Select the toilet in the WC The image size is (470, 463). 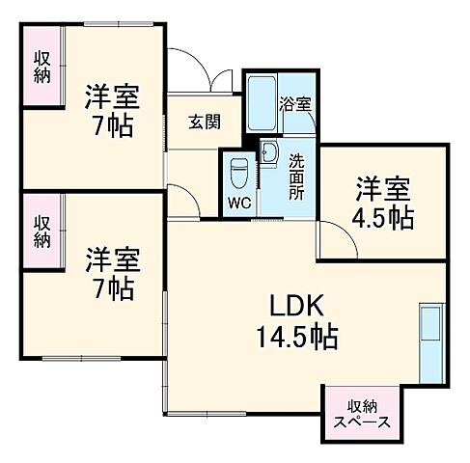[239, 174]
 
